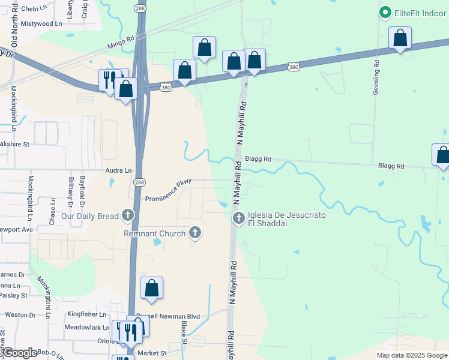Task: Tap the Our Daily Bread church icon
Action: click(x=127, y=215)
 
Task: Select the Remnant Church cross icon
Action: click(x=194, y=233)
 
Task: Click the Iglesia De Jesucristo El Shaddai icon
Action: click(x=238, y=218)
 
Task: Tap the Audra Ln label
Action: click(x=118, y=170)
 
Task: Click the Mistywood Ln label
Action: click(x=41, y=23)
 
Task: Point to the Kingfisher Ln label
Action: click(x=86, y=314)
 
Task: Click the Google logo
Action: click(x=20, y=353)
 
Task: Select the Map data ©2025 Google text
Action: click(x=412, y=355)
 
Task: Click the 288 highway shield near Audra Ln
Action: click(x=139, y=182)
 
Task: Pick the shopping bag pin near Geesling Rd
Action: click(x=400, y=38)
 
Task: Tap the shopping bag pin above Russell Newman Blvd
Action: click(x=152, y=288)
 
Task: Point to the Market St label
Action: click(x=152, y=353)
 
